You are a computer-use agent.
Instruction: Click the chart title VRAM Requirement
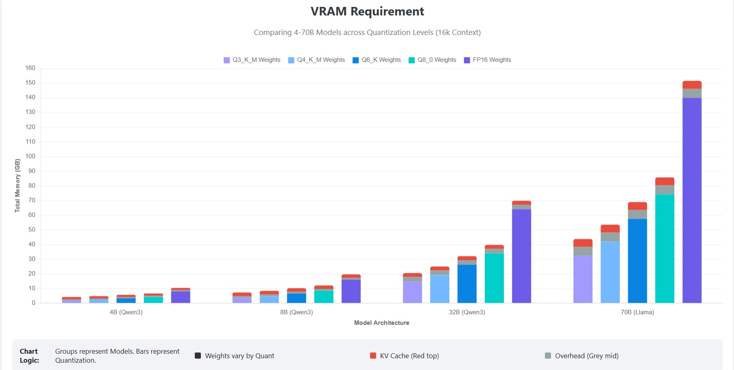click(x=367, y=11)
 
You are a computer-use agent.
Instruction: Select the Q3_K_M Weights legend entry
click(x=252, y=60)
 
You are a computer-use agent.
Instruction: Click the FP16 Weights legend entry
click(x=488, y=60)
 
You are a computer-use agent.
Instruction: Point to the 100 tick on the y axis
click(x=30, y=156)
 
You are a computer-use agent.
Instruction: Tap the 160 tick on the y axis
click(x=30, y=68)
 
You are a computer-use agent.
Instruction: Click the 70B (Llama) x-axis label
click(x=637, y=312)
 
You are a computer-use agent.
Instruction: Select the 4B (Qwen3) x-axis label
click(x=126, y=312)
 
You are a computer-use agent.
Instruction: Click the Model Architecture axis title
click(x=381, y=323)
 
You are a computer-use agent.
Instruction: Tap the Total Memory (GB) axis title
click(x=17, y=185)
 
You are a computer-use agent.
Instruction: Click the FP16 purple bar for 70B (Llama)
click(x=692, y=199)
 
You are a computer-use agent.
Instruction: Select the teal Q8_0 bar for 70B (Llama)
click(x=664, y=248)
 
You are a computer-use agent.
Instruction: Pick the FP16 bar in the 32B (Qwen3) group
click(x=521, y=256)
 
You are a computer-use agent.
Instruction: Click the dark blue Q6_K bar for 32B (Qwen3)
click(x=467, y=284)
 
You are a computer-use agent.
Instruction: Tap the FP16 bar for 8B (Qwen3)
click(x=351, y=291)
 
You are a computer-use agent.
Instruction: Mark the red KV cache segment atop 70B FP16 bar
click(x=692, y=85)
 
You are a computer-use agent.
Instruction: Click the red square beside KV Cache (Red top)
click(x=373, y=356)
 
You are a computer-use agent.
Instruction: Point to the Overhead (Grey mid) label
click(x=586, y=356)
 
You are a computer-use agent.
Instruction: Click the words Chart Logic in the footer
click(x=29, y=356)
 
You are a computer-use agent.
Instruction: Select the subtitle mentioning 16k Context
click(x=367, y=33)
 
